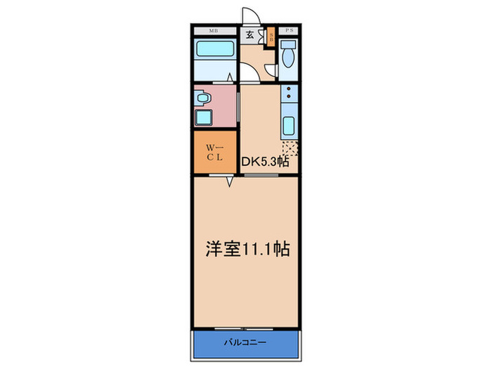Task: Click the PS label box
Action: click(x=288, y=31)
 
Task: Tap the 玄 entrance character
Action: click(x=250, y=36)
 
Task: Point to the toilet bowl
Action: click(x=288, y=56)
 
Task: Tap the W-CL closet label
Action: click(x=214, y=153)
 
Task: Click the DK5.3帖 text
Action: click(x=266, y=161)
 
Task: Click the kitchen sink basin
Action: click(x=288, y=127)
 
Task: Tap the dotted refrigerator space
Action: click(x=290, y=148)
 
